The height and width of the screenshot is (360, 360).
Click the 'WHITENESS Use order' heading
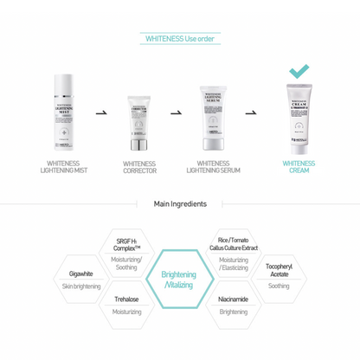[179, 39]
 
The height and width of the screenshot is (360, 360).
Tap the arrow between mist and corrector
[101, 112]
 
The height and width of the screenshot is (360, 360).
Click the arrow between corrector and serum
[176, 112]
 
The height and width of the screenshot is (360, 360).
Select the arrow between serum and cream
[251, 112]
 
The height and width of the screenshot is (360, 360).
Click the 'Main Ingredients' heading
[179, 204]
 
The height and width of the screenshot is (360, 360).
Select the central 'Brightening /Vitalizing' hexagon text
[179, 280]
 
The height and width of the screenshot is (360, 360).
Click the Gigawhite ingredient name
[83, 273]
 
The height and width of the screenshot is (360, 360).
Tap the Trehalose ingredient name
[126, 299]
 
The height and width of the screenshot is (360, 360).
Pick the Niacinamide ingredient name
[233, 299]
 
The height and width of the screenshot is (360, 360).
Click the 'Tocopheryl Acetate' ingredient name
[278, 269]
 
